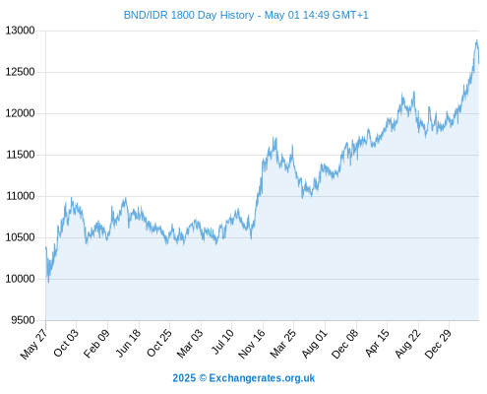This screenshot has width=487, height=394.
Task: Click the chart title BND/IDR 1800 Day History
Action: pyautogui.click(x=189, y=15)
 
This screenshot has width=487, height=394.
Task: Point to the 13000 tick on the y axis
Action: pyautogui.click(x=20, y=31)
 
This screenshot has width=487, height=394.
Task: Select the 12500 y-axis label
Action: pyautogui.click(x=20, y=72)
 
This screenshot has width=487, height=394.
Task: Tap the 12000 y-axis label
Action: pyautogui.click(x=20, y=113)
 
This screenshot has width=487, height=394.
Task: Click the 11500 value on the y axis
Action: pyautogui.click(x=20, y=155)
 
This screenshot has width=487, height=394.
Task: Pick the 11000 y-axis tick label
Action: pyautogui.click(x=20, y=196)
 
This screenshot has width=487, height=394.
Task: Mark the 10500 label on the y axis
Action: pyautogui.click(x=20, y=237)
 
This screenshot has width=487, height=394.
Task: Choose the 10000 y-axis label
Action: pyautogui.click(x=20, y=279)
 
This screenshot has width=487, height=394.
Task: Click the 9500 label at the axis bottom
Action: pyautogui.click(x=23, y=320)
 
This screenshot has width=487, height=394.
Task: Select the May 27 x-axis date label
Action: pyautogui.click(x=34, y=344)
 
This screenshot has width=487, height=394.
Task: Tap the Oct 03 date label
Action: pyautogui.click(x=66, y=343)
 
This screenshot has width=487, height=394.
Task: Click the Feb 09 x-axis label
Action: pyautogui.click(x=96, y=344)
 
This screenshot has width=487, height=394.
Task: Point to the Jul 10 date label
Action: pyautogui.click(x=223, y=342)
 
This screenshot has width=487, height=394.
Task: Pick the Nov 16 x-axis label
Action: pyautogui.click(x=252, y=344)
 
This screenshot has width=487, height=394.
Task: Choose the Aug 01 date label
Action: pyautogui.click(x=315, y=344)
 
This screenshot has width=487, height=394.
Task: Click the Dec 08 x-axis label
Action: pyautogui.click(x=344, y=344)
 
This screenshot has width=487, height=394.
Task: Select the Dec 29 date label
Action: pyautogui.click(x=438, y=344)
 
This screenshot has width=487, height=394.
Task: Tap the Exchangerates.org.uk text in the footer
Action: pyautogui.click(x=262, y=378)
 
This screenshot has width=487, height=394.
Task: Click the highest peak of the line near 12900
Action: pyautogui.click(x=477, y=40)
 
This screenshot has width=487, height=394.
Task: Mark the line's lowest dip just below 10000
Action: pyautogui.click(x=48, y=283)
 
